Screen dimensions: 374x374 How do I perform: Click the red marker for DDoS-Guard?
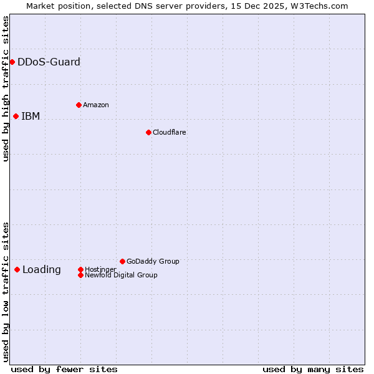(12, 62)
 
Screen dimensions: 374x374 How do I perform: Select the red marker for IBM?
(16, 116)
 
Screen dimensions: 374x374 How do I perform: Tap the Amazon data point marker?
(79, 105)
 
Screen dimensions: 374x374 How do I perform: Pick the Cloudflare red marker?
(148, 132)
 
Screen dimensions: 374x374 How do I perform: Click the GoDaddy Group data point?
(122, 261)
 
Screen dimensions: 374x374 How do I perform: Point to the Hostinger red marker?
(80, 269)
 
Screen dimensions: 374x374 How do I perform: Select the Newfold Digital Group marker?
(80, 275)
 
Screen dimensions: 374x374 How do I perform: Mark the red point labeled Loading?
(17, 269)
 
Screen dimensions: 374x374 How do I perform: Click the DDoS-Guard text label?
(49, 62)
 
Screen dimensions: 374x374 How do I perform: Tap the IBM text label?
(31, 116)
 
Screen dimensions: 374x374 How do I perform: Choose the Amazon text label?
(96, 105)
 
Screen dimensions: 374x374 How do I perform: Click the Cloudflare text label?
(170, 132)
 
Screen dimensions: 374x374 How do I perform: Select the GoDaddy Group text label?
(153, 261)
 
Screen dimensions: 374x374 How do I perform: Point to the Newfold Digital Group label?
(121, 275)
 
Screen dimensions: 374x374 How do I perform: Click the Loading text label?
(42, 269)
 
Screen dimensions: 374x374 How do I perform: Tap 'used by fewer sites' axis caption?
(64, 369)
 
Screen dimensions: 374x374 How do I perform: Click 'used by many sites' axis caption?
(313, 369)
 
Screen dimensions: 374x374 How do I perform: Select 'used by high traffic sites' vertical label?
(6, 89)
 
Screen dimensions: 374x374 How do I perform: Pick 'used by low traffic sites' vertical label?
(6, 292)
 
